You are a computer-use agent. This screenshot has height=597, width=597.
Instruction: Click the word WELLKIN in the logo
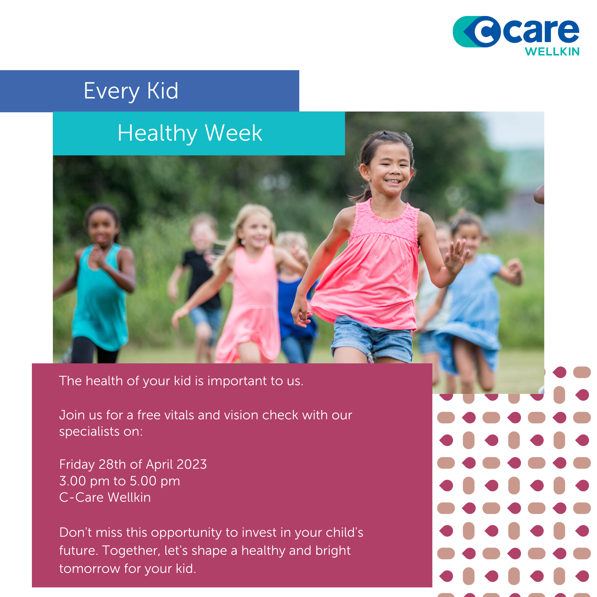click(x=552, y=52)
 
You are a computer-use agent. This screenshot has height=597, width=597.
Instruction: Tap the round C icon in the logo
click(x=486, y=32)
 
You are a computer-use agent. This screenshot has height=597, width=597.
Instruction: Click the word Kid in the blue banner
click(x=162, y=91)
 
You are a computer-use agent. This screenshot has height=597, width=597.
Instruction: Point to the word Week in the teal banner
click(x=234, y=133)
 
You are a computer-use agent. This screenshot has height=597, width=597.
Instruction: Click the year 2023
click(x=191, y=464)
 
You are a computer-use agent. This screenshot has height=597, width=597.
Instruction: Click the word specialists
click(x=89, y=432)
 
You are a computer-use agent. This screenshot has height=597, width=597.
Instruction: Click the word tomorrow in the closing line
click(x=89, y=569)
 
